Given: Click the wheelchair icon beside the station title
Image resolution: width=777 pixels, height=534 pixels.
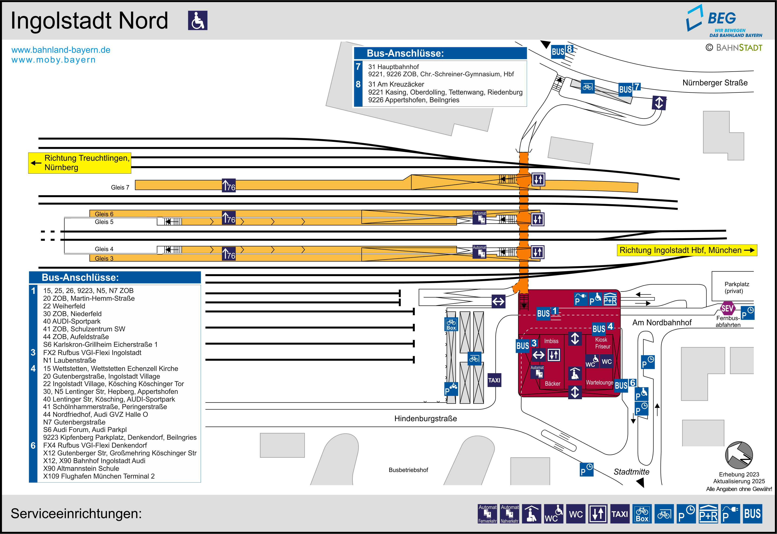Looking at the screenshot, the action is pos(198,20).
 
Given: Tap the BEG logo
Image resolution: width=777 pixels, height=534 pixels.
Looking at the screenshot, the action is pos(724,21).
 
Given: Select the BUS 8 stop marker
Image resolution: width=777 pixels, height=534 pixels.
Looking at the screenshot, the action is pos(562,51).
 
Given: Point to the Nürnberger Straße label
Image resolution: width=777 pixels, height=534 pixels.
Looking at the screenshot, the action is pos(715,83).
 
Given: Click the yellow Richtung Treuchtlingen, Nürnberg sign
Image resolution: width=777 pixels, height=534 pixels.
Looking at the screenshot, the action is pos(80,163).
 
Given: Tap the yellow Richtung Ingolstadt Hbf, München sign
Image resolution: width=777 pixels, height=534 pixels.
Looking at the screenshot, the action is pos(687,250).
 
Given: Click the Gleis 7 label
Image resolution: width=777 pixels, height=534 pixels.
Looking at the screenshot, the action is pos(120,187).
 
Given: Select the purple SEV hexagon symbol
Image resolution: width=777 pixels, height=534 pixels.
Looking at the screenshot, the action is pos(727,308).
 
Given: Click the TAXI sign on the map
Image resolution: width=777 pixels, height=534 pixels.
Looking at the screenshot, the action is pos(494,380).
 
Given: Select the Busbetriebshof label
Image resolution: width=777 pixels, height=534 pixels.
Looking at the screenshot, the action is pos(408,470).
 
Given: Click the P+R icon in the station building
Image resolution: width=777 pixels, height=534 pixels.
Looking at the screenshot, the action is pos(610,299).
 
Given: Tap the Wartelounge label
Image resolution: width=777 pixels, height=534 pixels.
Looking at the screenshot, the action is pos(599,382).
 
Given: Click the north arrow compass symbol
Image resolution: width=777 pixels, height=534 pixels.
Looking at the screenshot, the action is pos(739,455).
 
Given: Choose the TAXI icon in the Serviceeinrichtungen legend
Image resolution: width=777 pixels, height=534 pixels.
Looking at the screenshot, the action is pos(620,514).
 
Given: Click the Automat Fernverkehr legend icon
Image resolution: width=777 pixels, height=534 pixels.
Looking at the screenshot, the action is pos(487,514).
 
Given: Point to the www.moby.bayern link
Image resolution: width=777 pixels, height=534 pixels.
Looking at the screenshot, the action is pos(54,60).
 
